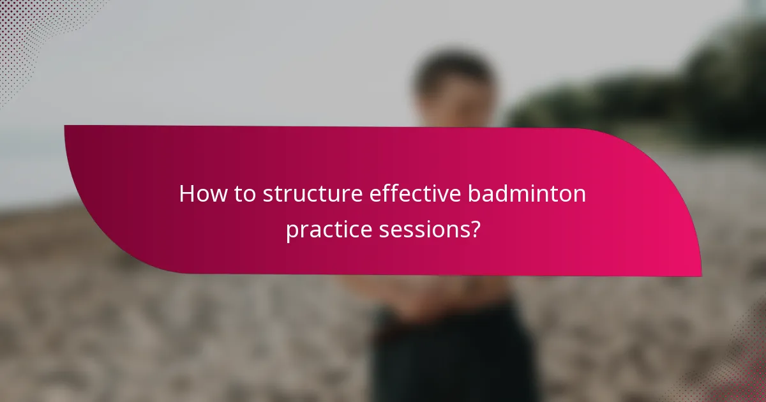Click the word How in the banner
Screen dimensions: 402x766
pos(199,194)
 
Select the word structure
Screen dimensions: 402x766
pos(312,194)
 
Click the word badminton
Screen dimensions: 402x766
pos(527,194)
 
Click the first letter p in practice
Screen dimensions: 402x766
pos(290,231)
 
